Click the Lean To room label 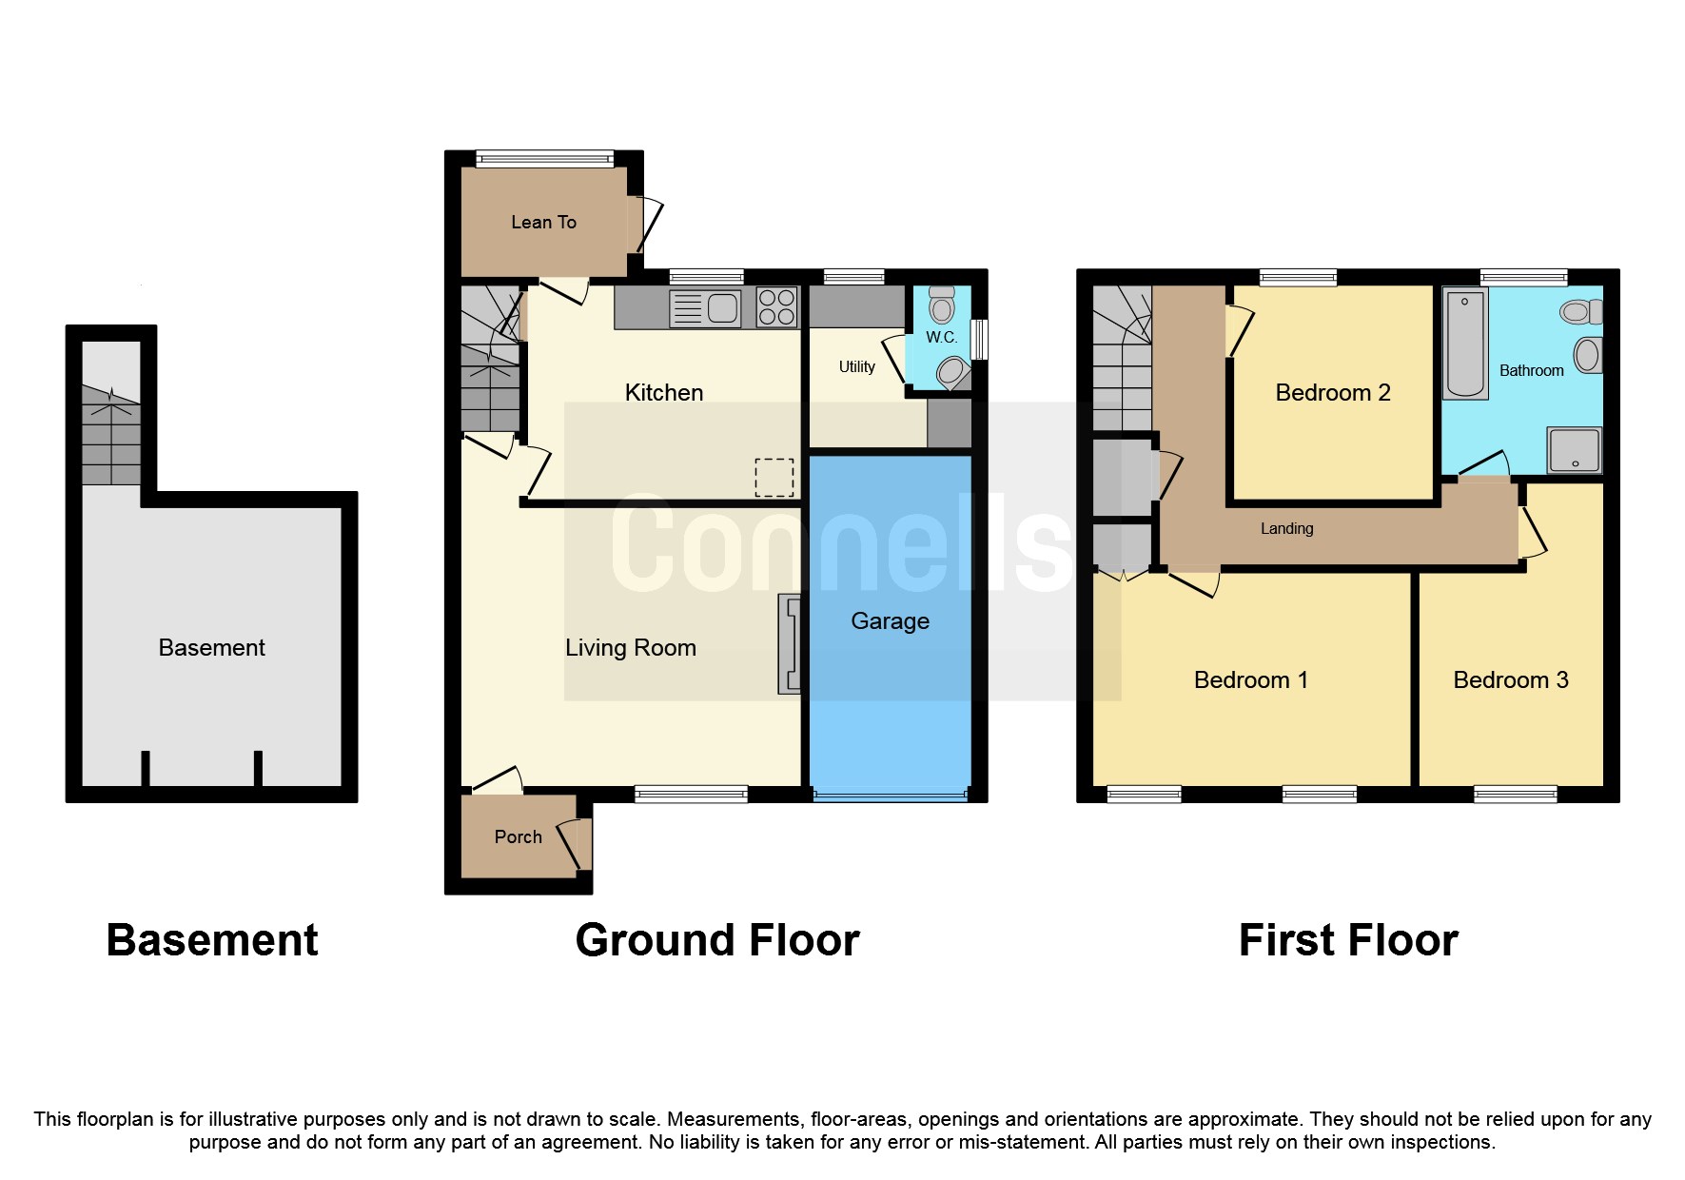[x=543, y=222]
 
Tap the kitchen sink [x=705, y=308]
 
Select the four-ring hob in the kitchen [x=776, y=307]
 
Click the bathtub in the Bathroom [x=1465, y=344]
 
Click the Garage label [x=890, y=621]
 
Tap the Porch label [x=518, y=837]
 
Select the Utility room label [x=856, y=366]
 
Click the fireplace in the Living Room [x=790, y=643]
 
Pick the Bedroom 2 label [x=1332, y=393]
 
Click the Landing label [x=1286, y=529]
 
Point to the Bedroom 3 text [x=1510, y=680]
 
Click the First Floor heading [x=1347, y=940]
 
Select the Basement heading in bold [x=211, y=940]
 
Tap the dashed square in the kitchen [x=774, y=477]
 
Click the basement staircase [x=110, y=438]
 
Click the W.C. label [x=941, y=338]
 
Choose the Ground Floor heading [x=716, y=940]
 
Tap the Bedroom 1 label [x=1250, y=680]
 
